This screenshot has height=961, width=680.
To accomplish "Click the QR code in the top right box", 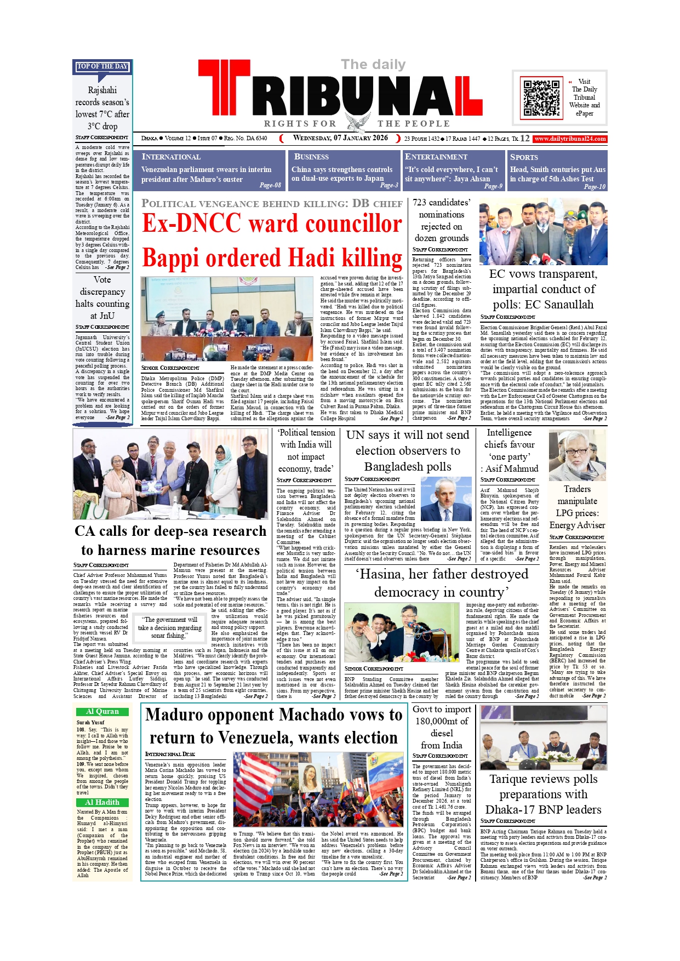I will pos(541,98).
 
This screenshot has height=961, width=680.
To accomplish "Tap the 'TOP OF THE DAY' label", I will pos(102,66).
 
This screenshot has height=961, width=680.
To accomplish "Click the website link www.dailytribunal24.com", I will pos(570,139).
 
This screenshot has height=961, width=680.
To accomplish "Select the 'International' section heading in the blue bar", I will pos(171,157).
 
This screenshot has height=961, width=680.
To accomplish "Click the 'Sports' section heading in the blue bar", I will pos(524,157).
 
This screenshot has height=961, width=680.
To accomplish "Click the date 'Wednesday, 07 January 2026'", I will pos(340,138).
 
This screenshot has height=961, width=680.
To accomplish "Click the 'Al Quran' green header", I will pos(102,712).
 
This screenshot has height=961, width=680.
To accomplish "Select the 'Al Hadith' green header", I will pos(102,802).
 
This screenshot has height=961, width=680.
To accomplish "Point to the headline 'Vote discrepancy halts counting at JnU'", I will pos(102,298).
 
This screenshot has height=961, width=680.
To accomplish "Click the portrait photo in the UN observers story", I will pos(445,499).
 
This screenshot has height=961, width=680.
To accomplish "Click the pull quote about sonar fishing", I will pos(170,627).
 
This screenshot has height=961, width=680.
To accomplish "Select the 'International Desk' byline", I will pos(170,754).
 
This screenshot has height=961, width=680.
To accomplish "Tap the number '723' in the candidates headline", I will pos(421,203).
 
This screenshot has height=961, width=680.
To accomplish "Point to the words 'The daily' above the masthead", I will pos(373,65).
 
